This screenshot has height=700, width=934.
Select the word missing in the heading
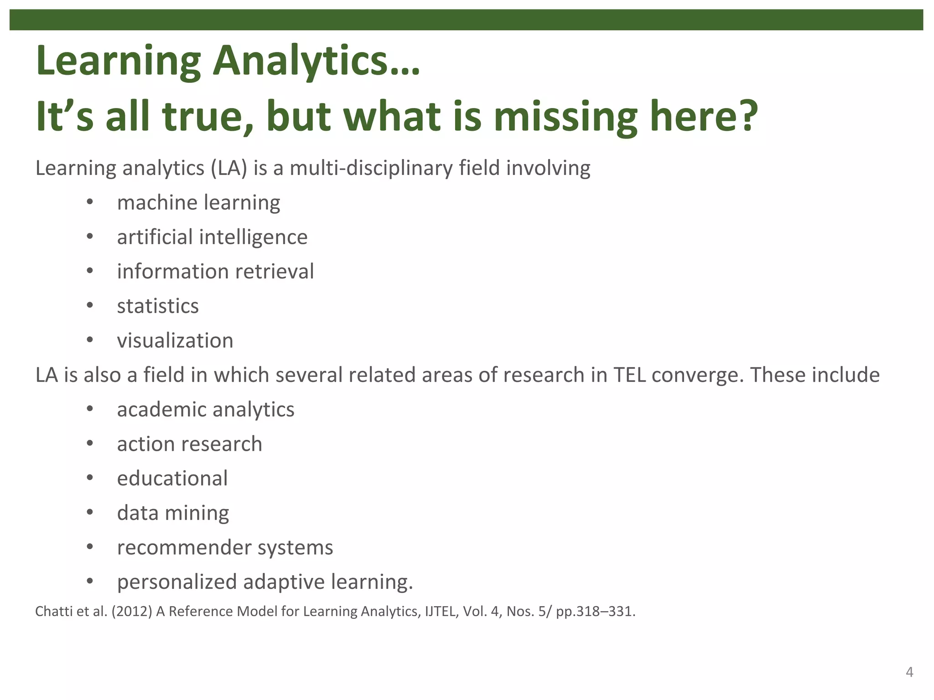pyautogui.click(x=566, y=118)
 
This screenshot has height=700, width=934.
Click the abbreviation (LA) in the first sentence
pyautogui.click(x=229, y=168)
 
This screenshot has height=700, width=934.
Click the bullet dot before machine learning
pyautogui.click(x=90, y=202)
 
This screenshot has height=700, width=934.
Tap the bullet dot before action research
pyautogui.click(x=90, y=443)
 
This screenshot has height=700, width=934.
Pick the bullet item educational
pyautogui.click(x=172, y=479)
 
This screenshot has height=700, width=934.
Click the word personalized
pyautogui.click(x=176, y=582)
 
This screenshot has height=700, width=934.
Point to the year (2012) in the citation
pyautogui.click(x=132, y=612)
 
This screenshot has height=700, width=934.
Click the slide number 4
pyautogui.click(x=909, y=672)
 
